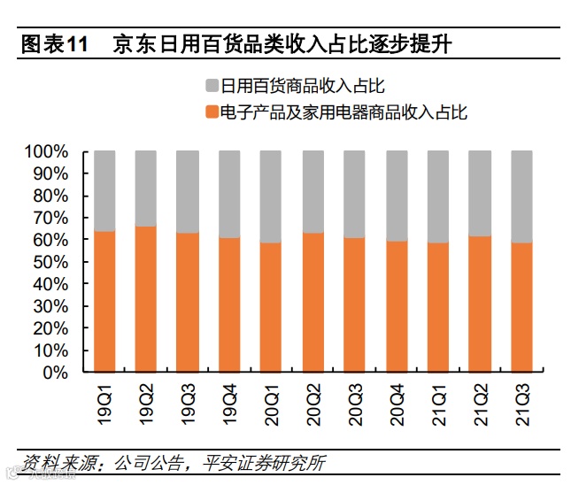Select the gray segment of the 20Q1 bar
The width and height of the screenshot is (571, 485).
click(x=271, y=196)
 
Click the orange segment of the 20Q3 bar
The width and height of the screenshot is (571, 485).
click(x=355, y=304)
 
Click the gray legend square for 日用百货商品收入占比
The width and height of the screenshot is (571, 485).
click(x=212, y=86)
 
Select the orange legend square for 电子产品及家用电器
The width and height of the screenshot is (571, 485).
click(x=212, y=112)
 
